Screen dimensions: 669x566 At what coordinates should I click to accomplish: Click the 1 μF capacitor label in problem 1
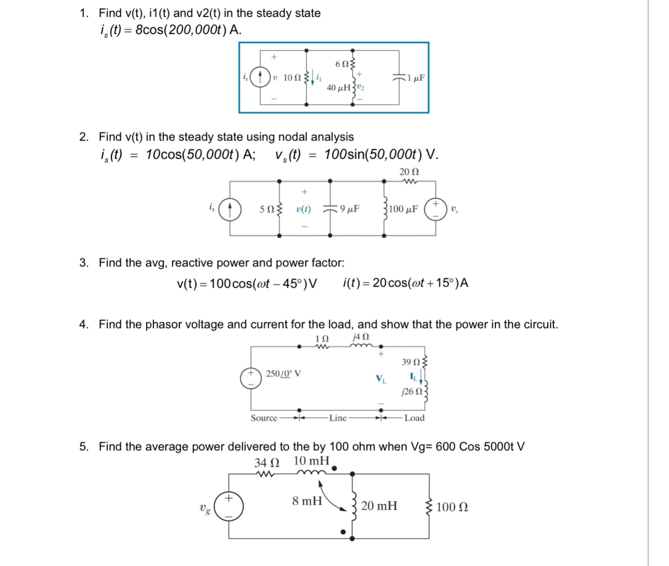tap(416, 78)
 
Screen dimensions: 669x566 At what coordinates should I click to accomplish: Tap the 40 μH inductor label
tap(339, 88)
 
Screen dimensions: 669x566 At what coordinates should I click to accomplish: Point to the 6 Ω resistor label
tap(343, 64)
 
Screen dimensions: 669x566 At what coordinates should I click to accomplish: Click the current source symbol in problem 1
tap(260, 78)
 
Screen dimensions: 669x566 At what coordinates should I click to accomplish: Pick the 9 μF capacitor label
tap(350, 209)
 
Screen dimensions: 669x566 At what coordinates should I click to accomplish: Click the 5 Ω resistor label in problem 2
tap(267, 209)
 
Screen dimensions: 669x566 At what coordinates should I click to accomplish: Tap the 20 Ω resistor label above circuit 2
tap(409, 172)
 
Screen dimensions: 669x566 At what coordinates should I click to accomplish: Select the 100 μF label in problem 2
tap(403, 209)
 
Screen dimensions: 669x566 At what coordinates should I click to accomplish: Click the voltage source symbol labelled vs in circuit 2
tap(436, 209)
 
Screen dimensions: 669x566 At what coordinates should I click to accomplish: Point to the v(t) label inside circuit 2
tap(303, 209)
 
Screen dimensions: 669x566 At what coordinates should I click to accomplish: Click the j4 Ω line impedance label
tap(360, 337)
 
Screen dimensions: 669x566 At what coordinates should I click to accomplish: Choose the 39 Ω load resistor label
tap(411, 361)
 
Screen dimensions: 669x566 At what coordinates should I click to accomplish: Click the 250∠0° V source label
tap(283, 374)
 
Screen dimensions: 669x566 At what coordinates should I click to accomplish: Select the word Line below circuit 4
tap(338, 418)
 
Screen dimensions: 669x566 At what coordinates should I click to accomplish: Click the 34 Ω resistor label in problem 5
tap(267, 462)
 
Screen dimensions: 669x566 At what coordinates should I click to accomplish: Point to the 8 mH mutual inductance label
tap(307, 501)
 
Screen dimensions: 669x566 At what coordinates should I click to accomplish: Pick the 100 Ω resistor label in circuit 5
tap(452, 507)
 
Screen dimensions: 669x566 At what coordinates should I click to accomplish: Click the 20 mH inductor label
tap(379, 506)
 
